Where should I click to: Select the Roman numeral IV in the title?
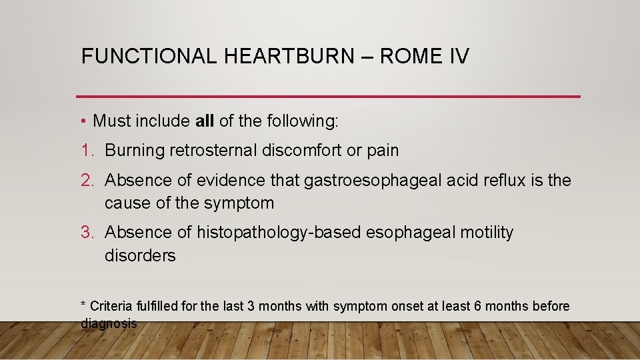coord(457,56)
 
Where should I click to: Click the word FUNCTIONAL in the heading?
coord(149,56)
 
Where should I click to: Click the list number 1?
coord(86,151)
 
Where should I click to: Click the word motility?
coord(487,233)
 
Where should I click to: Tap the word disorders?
coord(140,256)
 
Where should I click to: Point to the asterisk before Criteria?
coord(83,305)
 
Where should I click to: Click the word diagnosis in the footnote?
coord(109,324)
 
